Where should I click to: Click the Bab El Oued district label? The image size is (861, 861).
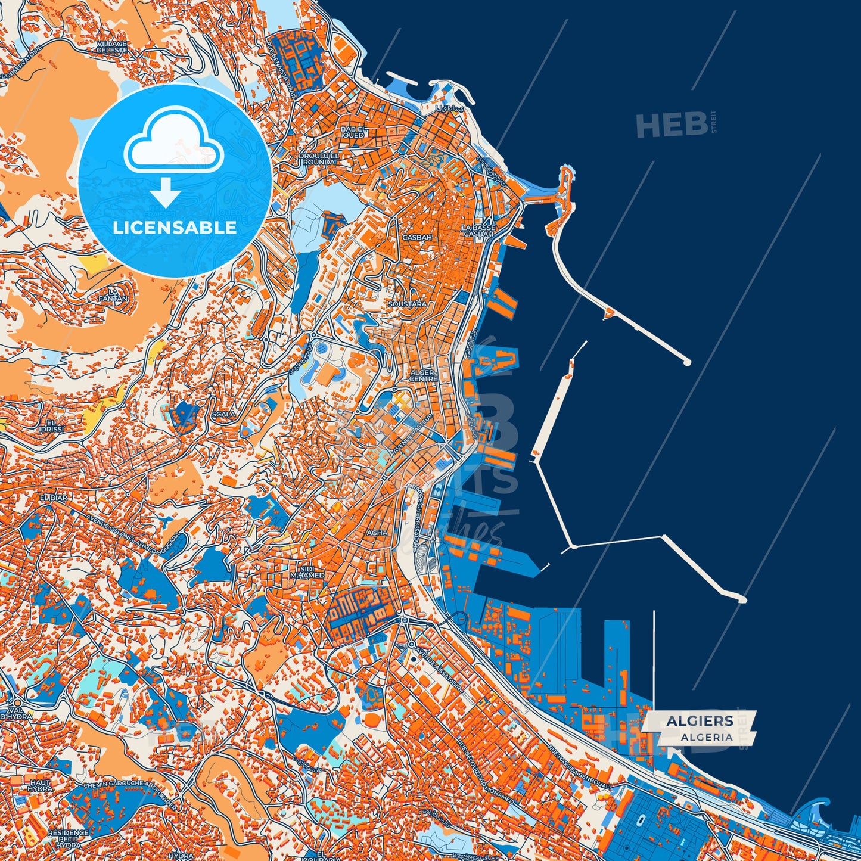click(x=354, y=132)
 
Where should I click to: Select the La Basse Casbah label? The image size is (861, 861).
click(x=478, y=231)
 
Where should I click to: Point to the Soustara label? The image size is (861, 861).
click(x=407, y=304)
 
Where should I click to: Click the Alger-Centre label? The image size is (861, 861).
click(x=424, y=375)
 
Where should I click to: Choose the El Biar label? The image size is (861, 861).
click(x=54, y=496)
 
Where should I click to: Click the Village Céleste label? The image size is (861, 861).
click(x=111, y=47)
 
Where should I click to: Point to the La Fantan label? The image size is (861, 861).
click(x=113, y=294)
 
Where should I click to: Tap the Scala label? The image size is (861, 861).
click(x=223, y=414)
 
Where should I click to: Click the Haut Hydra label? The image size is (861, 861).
click(x=40, y=785)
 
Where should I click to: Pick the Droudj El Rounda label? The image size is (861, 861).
click(x=319, y=158)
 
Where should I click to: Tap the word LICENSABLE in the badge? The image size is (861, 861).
click(x=175, y=228)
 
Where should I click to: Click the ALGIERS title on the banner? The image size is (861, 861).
click(x=700, y=721)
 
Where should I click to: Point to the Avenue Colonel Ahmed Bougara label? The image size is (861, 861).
click(x=132, y=527)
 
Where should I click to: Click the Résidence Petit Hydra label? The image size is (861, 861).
click(x=68, y=839)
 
